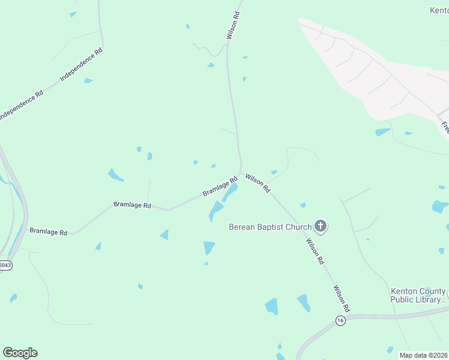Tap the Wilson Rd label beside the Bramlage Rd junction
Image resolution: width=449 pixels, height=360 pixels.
(x=258, y=184)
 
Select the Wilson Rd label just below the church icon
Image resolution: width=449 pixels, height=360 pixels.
(x=315, y=252)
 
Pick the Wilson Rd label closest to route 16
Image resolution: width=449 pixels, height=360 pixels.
(x=342, y=298)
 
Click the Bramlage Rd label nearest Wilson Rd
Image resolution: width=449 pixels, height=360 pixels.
(x=220, y=186)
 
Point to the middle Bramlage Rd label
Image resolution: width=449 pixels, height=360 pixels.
(x=132, y=205)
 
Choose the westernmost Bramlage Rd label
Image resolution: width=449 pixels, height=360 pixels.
(x=48, y=231)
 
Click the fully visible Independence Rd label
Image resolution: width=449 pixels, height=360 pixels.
(x=82, y=65)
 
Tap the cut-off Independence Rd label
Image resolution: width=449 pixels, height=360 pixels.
(x=20, y=106)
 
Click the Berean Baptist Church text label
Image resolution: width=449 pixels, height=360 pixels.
(x=270, y=227)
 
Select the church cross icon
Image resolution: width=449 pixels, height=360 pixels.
(x=321, y=226)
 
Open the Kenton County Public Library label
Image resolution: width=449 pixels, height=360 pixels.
(x=418, y=295)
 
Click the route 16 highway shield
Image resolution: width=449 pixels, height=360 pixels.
(x=340, y=320)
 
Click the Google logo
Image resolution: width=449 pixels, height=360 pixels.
(x=20, y=353)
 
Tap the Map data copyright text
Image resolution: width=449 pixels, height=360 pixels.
(x=423, y=355)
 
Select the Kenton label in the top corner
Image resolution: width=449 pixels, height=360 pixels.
(x=439, y=10)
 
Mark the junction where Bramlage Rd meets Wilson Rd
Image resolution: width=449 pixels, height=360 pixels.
(x=241, y=173)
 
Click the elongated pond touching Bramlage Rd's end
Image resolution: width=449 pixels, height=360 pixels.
(x=229, y=193)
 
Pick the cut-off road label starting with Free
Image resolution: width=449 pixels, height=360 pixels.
(x=445, y=127)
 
